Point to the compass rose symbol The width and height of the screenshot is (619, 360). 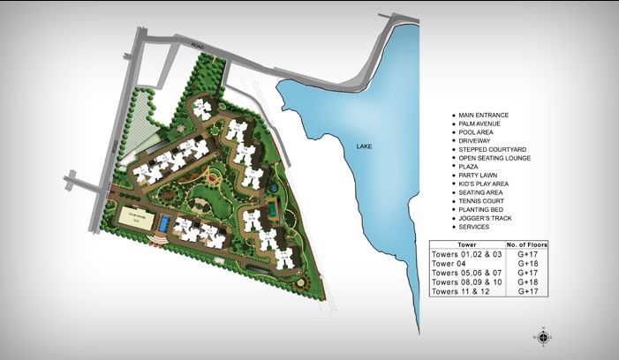543,335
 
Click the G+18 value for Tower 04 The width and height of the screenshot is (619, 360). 528,263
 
